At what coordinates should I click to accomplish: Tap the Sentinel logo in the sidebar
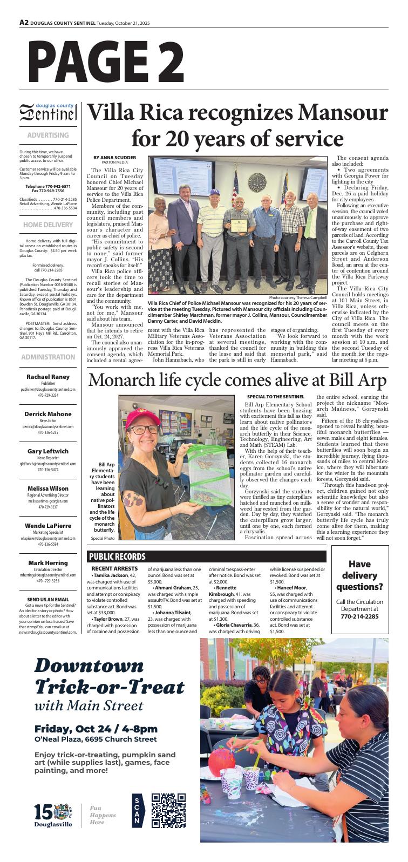(48, 113)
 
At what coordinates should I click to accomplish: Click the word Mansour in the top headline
(343, 113)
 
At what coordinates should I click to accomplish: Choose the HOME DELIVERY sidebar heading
(48, 225)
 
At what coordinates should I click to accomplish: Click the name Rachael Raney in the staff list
(48, 376)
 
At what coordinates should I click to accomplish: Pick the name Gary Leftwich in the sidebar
(48, 451)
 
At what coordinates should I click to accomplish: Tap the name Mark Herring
(48, 563)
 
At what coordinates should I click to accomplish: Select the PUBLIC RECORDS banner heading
(118, 556)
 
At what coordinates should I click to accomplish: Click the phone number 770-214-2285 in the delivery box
(361, 616)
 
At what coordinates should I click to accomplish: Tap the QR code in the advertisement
(168, 810)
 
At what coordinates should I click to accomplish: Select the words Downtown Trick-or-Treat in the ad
(109, 676)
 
